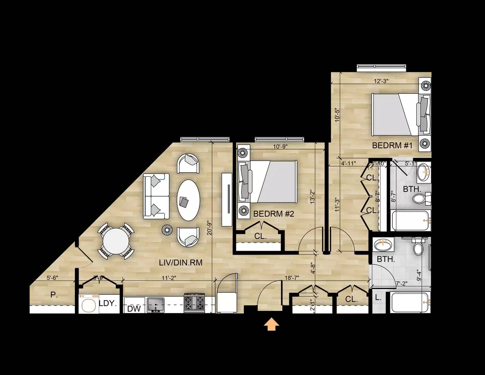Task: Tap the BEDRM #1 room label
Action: click(392, 145)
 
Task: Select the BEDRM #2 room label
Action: click(273, 214)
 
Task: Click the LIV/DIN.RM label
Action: click(180, 263)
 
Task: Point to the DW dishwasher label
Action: click(134, 309)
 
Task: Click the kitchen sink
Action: click(156, 305)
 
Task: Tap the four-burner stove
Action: click(194, 303)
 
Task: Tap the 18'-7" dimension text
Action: click(292, 278)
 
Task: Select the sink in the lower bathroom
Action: click(383, 245)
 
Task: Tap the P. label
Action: click(53, 295)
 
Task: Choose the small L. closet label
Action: click(378, 297)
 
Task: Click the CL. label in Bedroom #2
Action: click(260, 236)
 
